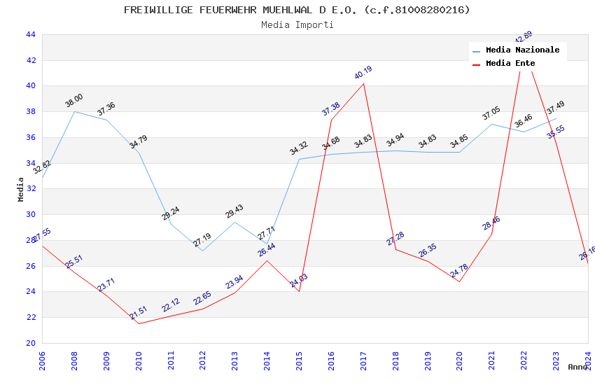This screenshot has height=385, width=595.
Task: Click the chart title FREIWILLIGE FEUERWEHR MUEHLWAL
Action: click(297, 10)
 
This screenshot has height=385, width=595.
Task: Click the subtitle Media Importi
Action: click(297, 24)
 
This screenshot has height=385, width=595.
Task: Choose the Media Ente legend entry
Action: click(510, 64)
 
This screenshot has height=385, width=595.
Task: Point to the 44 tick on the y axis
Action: click(30, 34)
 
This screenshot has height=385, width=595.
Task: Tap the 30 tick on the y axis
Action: click(30, 215)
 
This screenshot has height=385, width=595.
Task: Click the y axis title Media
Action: click(21, 189)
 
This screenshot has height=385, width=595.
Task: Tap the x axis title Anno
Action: click(577, 367)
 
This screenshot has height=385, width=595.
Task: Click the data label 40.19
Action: click(363, 73)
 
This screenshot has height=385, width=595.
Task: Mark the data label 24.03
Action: click(299, 281)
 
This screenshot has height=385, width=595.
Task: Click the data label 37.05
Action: click(491, 113)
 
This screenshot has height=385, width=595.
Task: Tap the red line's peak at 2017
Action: click(363, 83)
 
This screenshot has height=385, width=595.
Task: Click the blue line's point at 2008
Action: click(74, 111)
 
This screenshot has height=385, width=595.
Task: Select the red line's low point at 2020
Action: click(459, 281)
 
